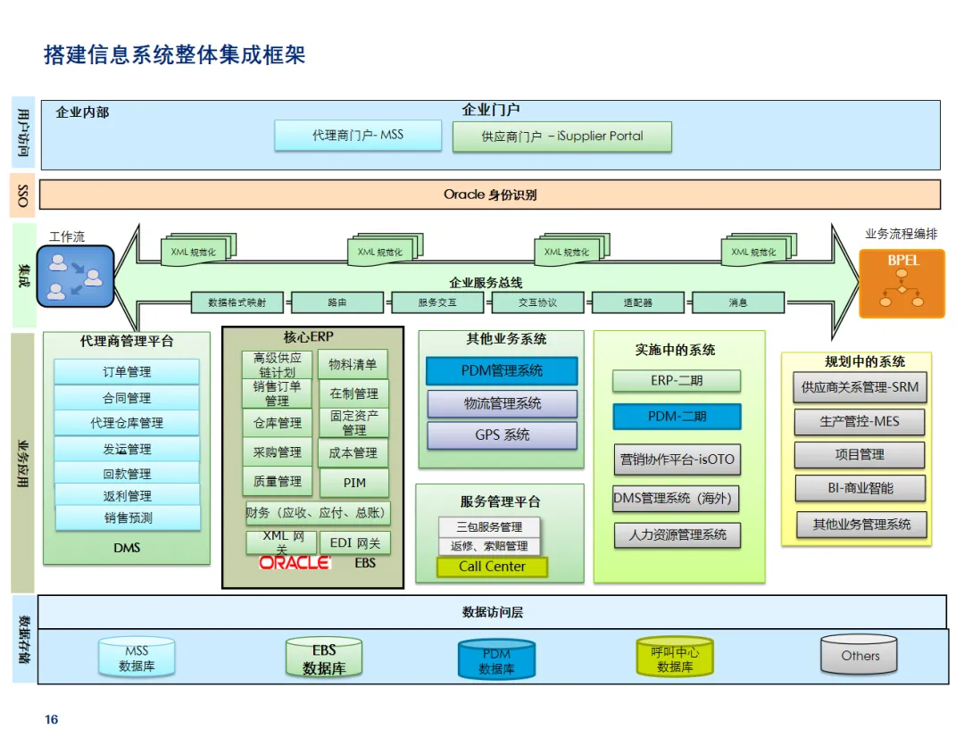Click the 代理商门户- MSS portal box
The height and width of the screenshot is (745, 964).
point(358,136)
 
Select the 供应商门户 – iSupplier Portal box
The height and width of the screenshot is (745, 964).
point(562,137)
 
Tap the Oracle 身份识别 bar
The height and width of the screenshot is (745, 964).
point(490,195)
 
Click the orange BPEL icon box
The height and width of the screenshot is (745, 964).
point(902,283)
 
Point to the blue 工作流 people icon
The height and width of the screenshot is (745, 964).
point(76,276)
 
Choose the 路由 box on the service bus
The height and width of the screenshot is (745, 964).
point(337,302)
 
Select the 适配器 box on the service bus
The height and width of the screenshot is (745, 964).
point(637,302)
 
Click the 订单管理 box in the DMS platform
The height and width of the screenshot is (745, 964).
point(127,372)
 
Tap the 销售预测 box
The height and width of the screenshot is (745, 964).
point(128,517)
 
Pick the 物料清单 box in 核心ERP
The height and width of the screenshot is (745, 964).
point(353,364)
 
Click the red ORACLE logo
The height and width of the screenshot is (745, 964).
point(295,563)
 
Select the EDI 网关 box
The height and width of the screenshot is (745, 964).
point(354,542)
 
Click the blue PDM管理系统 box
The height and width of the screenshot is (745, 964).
point(502,370)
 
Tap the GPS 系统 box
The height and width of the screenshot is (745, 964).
point(502,435)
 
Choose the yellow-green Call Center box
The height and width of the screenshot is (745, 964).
point(492,567)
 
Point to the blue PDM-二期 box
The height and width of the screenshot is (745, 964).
point(677,417)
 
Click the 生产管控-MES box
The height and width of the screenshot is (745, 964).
point(860,421)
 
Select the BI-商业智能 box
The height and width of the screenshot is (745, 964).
point(860,488)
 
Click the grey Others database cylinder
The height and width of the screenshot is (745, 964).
point(860,657)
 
